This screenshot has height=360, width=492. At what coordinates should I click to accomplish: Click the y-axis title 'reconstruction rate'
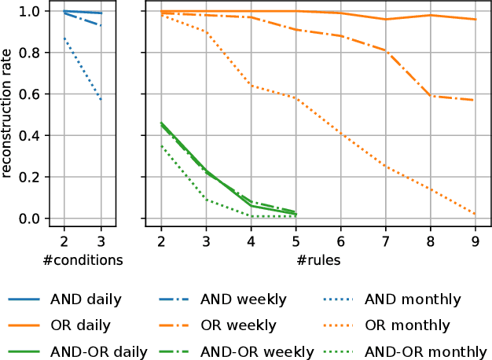[x=8, y=115]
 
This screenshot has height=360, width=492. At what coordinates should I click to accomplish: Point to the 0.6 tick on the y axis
[x=28, y=94]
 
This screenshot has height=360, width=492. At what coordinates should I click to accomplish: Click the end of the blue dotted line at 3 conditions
[x=101, y=100]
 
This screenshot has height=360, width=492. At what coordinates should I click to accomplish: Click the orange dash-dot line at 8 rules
[x=431, y=96]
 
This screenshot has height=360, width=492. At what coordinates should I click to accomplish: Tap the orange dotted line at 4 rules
[x=251, y=86]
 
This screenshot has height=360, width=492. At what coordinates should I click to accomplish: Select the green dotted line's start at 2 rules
[x=161, y=146]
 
